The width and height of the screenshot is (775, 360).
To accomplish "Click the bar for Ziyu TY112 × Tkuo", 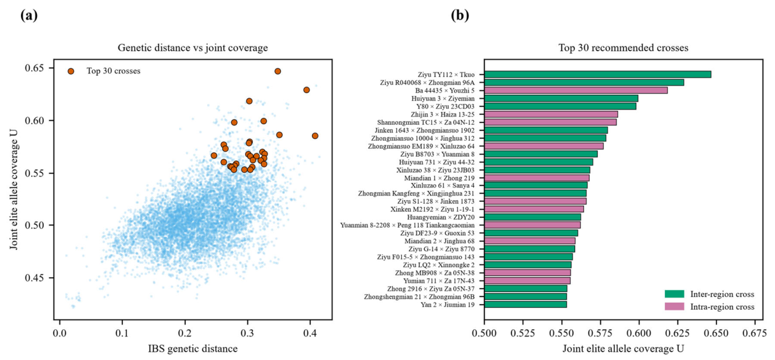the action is click(597, 75).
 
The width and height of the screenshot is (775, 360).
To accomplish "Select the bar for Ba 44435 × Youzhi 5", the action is click(576, 90).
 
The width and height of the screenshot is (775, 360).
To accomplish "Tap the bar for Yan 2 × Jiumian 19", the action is click(525, 305).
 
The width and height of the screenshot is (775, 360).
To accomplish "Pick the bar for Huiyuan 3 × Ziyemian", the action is click(561, 98).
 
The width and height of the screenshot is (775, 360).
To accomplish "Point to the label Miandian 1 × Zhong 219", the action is click(439, 178).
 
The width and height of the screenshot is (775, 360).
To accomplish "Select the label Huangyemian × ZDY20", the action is click(441, 217).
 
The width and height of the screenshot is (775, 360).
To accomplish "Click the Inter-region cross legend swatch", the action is click(674, 294).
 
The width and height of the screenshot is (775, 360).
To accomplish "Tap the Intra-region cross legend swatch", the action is click(674, 306).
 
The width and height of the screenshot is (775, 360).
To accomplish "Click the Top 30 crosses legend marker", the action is click(71, 71).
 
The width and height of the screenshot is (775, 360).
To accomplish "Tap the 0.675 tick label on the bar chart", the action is click(755, 333).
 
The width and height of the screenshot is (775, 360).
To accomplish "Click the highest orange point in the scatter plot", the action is click(278, 71).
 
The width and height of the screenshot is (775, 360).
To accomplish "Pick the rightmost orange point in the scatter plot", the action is click(315, 136).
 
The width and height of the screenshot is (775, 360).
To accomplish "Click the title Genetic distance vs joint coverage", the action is click(193, 48).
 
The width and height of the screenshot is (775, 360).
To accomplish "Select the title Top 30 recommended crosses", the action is click(623, 48).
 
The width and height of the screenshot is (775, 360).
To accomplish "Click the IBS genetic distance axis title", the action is click(193, 349).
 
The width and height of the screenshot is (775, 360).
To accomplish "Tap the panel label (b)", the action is click(460, 15).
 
